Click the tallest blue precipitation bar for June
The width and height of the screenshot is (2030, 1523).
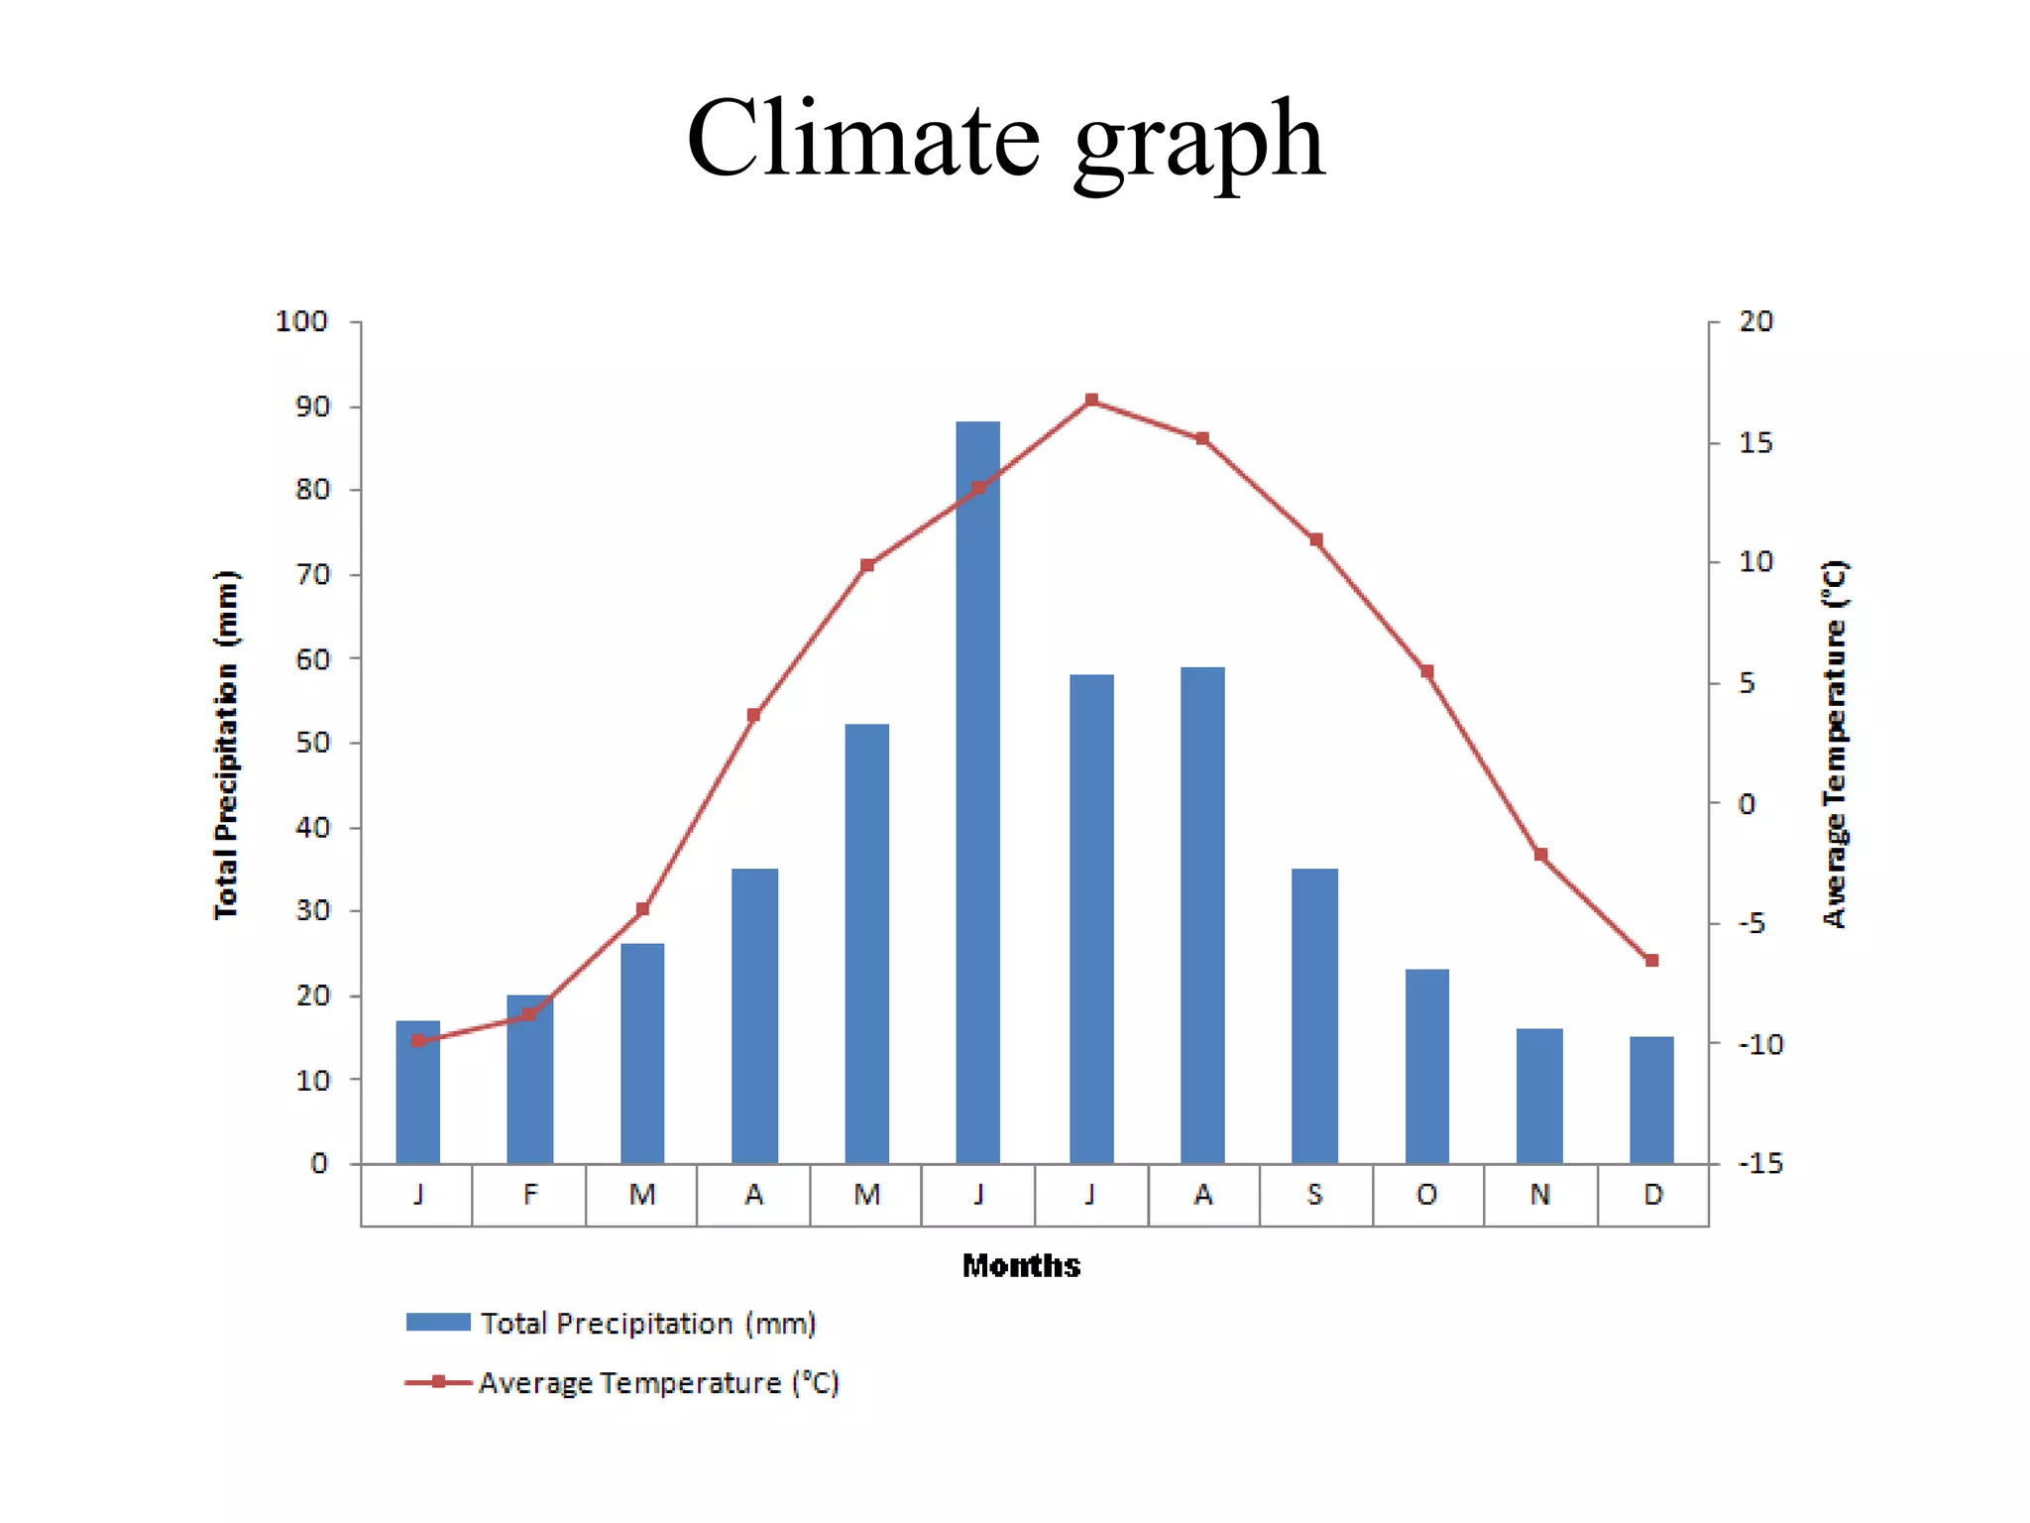click(977, 793)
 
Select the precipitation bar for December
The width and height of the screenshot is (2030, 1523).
click(1651, 1101)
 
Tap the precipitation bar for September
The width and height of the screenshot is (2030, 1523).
click(1314, 1016)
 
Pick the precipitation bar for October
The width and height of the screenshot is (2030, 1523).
click(1426, 1066)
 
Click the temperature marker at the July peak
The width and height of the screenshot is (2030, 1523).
click(1091, 401)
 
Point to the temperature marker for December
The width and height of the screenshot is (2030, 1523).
click(1651, 961)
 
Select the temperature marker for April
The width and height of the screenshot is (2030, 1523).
click(753, 715)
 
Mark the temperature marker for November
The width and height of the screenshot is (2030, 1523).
click(1540, 855)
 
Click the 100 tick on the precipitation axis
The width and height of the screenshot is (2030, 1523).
click(301, 322)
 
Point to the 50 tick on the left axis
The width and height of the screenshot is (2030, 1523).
click(312, 743)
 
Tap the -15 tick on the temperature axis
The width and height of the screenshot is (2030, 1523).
click(1760, 1163)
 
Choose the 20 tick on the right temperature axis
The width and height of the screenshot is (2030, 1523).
click(1755, 322)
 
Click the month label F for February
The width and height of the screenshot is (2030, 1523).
click(530, 1195)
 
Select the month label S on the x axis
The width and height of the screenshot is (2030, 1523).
click(1314, 1195)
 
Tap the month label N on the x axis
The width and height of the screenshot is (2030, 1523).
click(1539, 1195)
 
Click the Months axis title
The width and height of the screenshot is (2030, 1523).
click(1021, 1266)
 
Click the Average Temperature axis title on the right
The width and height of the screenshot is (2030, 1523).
click(1835, 744)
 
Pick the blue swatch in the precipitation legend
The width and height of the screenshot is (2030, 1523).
click(438, 1323)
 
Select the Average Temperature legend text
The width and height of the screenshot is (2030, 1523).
click(659, 1383)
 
